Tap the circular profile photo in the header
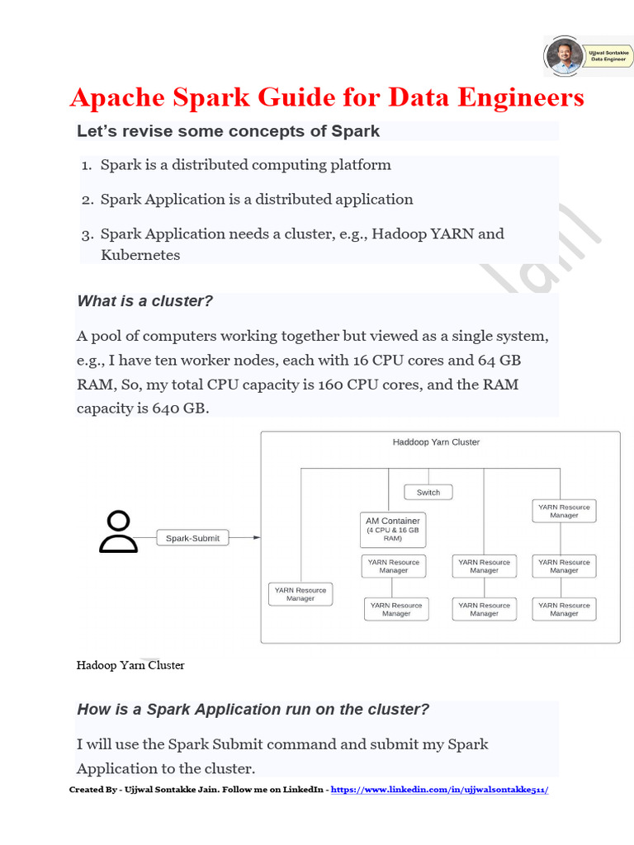coord(564,56)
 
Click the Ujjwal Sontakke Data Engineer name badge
coord(608,56)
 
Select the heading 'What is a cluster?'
coord(144,301)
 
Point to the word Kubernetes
coord(140,255)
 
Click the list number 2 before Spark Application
coord(88,200)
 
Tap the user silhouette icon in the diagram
coord(119,532)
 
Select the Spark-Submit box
coord(192,538)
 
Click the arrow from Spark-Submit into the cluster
coord(244,538)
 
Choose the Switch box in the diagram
coord(428,493)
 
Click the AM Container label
coord(393,521)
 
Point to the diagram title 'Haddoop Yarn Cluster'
coord(436,442)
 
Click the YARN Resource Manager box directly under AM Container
coord(394,566)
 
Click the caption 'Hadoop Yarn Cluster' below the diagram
coord(130,665)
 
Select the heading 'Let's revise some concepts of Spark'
coord(228,131)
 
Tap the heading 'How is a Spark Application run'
coord(253,710)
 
